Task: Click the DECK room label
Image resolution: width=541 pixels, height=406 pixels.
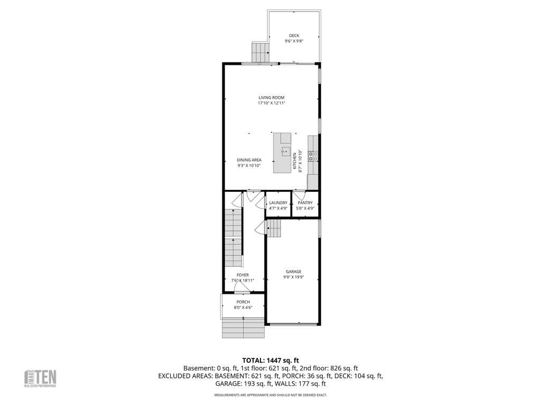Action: pos(294,35)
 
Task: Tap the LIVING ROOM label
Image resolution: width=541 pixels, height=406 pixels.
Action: pos(272,97)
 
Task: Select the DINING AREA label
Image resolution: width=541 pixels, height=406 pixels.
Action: pos(249,160)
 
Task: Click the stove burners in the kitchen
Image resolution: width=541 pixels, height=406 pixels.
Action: pos(313,155)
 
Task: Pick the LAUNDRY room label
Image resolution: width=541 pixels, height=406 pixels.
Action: pos(278,202)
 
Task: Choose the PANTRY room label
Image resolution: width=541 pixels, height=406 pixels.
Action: pos(305,202)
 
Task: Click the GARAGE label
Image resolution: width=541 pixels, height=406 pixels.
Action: pos(294,272)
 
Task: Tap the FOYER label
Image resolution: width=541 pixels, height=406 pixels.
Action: pos(242,275)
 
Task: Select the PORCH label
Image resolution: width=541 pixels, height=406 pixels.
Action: pos(243,302)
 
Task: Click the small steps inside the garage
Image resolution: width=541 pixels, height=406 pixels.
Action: pos(274,229)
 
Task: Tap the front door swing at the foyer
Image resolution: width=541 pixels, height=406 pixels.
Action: pos(242,288)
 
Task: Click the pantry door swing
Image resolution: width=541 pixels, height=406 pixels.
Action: pos(300,195)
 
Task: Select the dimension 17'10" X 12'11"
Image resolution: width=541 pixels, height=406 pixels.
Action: pos(272,103)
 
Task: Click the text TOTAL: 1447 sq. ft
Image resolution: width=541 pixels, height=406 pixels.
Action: pos(270,360)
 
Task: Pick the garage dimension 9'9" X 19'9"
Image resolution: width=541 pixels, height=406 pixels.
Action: pos(294,277)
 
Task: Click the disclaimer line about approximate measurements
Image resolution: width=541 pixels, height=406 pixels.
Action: pos(270,395)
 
